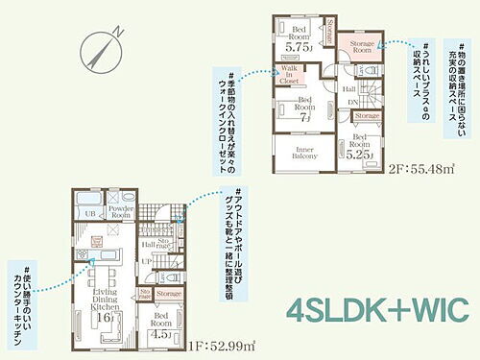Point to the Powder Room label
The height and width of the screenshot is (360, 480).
coord(121,214)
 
